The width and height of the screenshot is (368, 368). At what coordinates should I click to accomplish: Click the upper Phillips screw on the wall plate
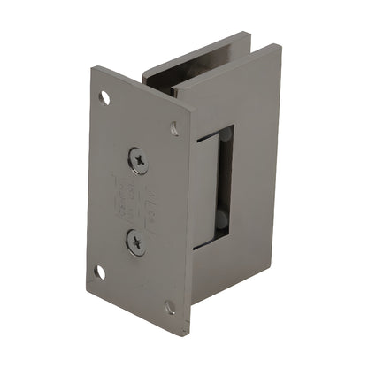[138, 160]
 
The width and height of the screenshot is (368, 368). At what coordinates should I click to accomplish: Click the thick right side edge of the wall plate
[189, 221]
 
